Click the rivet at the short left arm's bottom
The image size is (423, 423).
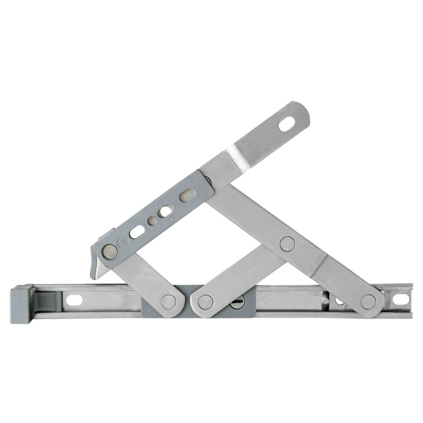click(x=168, y=301)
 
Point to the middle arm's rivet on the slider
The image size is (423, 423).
click(x=206, y=302)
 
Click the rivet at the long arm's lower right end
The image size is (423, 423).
click(x=368, y=301)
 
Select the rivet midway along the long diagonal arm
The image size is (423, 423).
click(x=288, y=244)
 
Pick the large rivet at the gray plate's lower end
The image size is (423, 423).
click(x=109, y=252)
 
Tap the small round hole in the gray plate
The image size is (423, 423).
click(x=152, y=221)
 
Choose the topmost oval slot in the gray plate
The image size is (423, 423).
click(x=187, y=195)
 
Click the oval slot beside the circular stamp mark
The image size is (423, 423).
click(x=137, y=232)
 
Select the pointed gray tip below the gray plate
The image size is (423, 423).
click(x=95, y=271)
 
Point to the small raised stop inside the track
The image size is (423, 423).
click(x=325, y=300)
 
